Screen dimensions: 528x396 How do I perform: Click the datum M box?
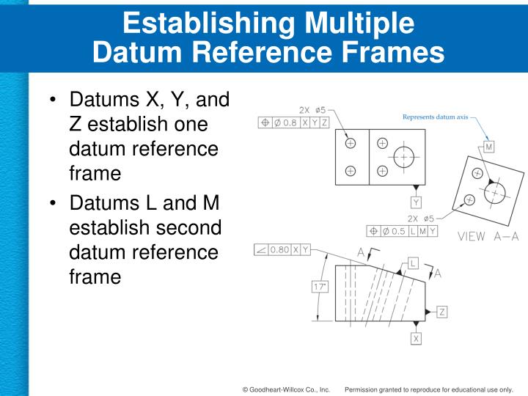[x=489, y=147]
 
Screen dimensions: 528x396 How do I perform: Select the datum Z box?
[x=442, y=312]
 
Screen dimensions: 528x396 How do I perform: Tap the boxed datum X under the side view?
[x=416, y=339]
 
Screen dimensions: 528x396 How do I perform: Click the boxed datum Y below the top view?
[x=416, y=202]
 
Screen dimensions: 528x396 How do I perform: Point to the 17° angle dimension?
[x=320, y=287]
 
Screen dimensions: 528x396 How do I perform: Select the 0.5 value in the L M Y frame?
[x=398, y=231]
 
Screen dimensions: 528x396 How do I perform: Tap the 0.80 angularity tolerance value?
[x=279, y=249]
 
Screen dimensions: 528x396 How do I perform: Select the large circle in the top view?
[x=403, y=157]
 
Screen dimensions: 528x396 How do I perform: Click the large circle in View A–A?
[x=495, y=192]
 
